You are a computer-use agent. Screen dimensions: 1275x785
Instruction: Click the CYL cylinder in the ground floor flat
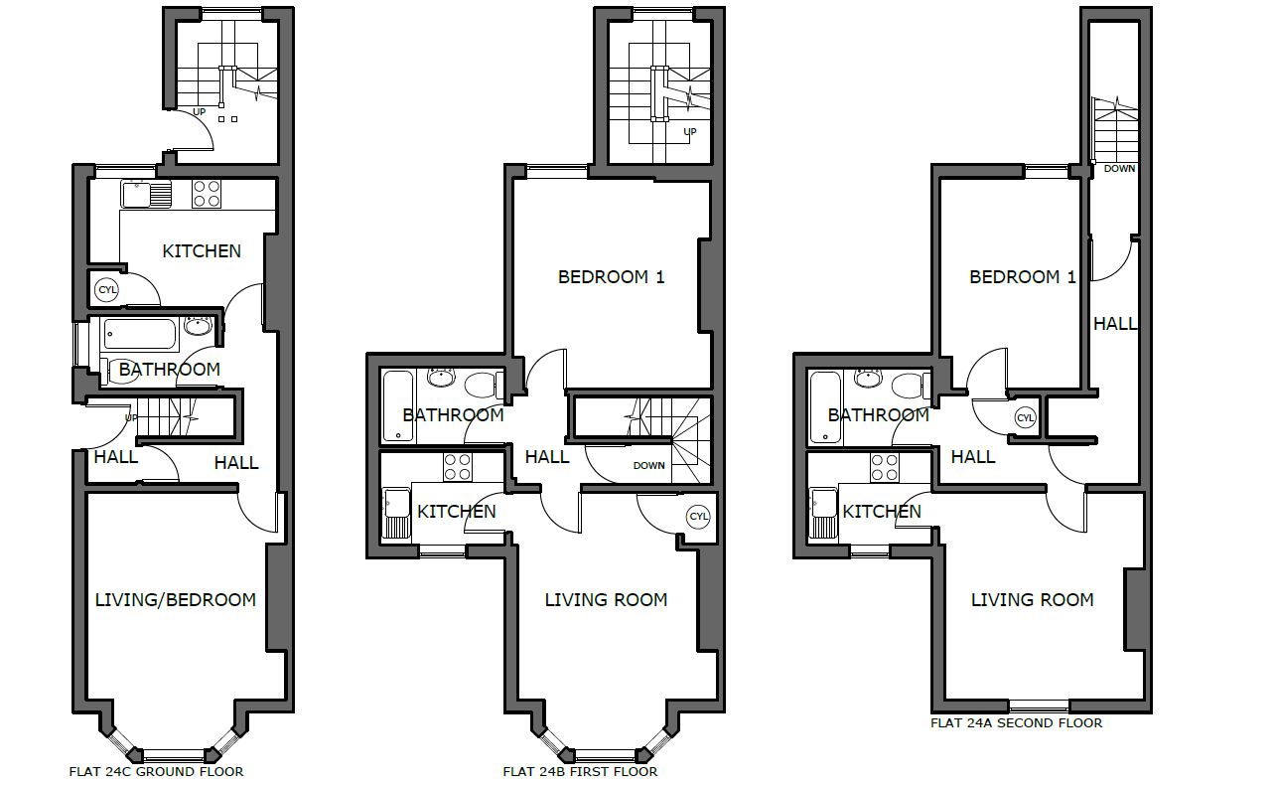[x=106, y=289]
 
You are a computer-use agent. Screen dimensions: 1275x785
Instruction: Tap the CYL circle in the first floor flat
[x=698, y=517]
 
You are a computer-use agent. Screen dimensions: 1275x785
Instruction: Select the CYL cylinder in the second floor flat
[x=1025, y=418]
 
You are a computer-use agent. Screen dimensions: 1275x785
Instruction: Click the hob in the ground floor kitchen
[x=207, y=194]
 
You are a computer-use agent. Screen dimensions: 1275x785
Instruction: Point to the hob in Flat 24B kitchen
[x=457, y=467]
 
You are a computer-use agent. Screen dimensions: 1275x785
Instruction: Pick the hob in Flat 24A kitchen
[x=884, y=467]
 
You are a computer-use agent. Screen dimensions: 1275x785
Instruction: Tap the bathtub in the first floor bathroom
[x=398, y=406]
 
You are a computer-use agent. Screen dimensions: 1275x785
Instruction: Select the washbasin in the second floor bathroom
[x=868, y=378]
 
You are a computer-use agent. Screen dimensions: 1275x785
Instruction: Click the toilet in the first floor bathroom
[x=484, y=386]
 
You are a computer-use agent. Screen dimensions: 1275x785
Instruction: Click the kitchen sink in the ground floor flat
[x=146, y=194]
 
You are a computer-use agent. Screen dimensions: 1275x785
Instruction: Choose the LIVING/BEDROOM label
[x=176, y=600]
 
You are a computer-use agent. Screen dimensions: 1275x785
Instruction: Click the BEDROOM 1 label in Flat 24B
[x=612, y=277]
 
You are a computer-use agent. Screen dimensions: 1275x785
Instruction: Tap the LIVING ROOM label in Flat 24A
[x=1033, y=600]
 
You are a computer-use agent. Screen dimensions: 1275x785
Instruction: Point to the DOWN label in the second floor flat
[x=1120, y=169]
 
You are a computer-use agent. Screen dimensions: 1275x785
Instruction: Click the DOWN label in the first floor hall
[x=648, y=465]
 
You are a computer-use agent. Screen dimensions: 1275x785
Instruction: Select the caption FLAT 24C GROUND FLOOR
[x=157, y=772]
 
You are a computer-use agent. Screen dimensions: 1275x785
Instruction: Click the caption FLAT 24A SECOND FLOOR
[x=1017, y=723]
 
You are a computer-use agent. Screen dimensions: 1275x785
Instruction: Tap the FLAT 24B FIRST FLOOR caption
[x=580, y=772]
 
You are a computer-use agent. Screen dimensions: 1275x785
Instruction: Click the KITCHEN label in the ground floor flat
[x=202, y=251]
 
